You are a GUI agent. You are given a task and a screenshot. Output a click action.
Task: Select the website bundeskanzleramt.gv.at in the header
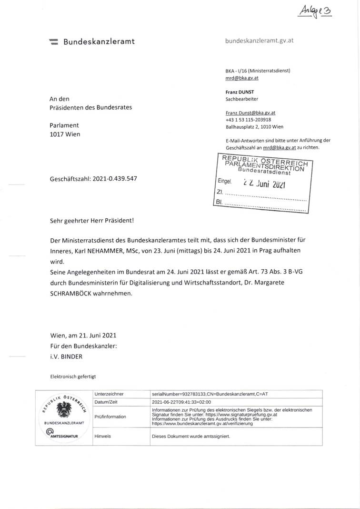coord(259,41)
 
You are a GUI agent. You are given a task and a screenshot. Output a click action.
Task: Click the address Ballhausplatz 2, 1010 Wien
coord(254,127)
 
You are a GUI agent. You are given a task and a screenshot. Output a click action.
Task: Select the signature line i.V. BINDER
coord(67,356)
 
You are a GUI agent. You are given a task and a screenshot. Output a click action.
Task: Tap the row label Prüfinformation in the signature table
coord(110,417)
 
